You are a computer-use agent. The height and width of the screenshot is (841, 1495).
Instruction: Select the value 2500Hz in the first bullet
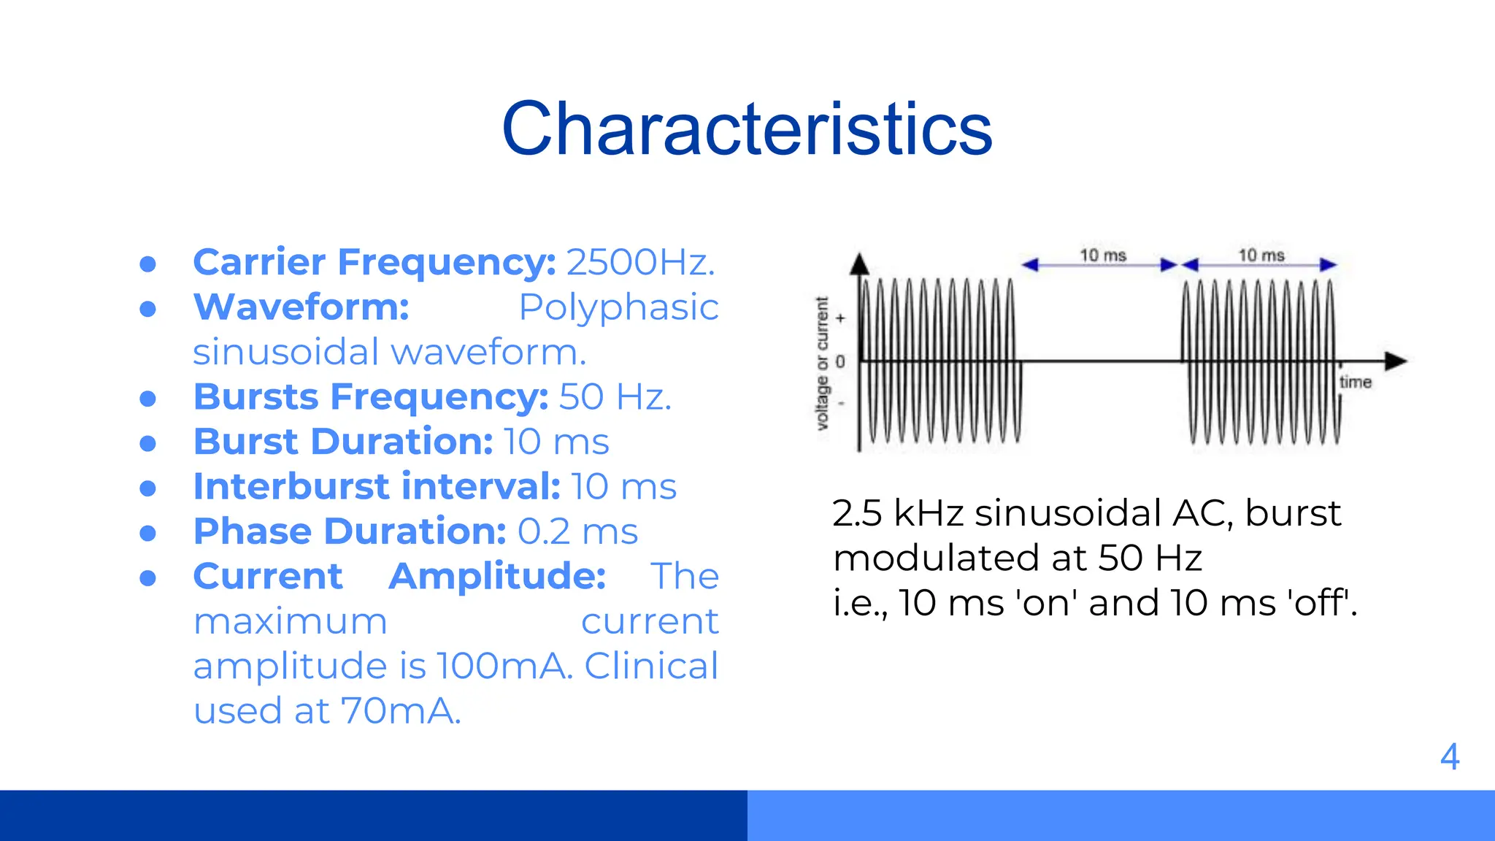pos(640,262)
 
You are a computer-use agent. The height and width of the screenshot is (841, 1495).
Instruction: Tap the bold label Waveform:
pos(301,307)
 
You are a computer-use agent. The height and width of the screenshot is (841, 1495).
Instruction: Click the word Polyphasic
pos(618,307)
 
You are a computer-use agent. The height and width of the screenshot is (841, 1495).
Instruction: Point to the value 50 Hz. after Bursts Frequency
pos(615,397)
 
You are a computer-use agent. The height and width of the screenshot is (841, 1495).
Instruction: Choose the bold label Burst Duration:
pos(343,442)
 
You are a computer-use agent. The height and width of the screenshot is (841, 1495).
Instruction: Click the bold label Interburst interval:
pos(377,487)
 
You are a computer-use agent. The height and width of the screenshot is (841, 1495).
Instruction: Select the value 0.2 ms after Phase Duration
pos(577,531)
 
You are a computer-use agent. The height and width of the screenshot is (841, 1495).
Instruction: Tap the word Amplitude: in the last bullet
pos(497,577)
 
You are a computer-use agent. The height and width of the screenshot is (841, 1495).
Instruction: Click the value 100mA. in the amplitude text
pos(504,667)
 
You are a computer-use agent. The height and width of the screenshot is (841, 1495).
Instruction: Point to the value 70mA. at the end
pos(401,711)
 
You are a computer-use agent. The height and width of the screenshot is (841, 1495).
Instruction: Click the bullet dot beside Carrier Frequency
pos(148,264)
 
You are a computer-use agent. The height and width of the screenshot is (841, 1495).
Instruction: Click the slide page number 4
pos(1450,757)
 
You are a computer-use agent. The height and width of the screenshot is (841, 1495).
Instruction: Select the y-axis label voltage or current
pos(822,363)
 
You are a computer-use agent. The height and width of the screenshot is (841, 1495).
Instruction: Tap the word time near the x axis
pos(1355,382)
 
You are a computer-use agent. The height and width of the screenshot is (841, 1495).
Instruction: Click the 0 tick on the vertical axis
pos(840,361)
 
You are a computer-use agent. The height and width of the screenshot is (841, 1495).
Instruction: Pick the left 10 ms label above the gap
pos(1102,256)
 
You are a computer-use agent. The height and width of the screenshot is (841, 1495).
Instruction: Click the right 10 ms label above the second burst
pos(1261,256)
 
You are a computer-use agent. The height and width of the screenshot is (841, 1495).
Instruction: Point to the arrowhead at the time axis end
pos(1396,361)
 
